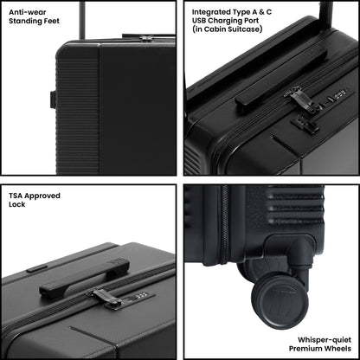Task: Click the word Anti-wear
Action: point(28,12)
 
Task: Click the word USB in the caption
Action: point(199,21)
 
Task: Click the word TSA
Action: point(16,196)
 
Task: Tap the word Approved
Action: point(42,196)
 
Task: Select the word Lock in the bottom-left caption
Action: point(17,204)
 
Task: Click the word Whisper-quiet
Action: point(325,340)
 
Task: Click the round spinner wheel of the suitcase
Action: point(280,302)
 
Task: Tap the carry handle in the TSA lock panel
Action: point(84,278)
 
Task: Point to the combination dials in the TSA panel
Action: point(142,295)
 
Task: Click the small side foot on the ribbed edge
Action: point(53,100)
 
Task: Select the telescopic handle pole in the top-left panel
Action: point(82,20)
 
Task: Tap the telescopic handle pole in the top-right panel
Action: point(326,12)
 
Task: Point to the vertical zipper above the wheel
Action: point(225,224)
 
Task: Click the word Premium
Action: point(305,349)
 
